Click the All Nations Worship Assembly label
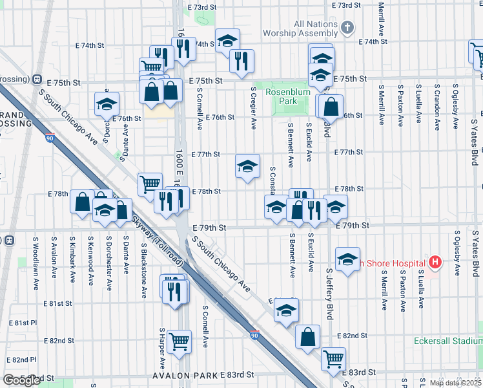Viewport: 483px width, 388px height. pyautogui.click(x=315, y=28)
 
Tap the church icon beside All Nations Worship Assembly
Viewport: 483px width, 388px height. pyautogui.click(x=347, y=27)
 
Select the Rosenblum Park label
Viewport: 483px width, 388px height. pyautogui.click(x=289, y=97)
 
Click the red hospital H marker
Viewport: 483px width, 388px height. pyautogui.click(x=435, y=263)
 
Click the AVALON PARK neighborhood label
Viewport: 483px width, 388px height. pyautogui.click(x=184, y=375)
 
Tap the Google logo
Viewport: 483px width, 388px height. pyautogui.click(x=21, y=380)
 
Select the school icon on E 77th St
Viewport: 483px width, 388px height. pyautogui.click(x=247, y=167)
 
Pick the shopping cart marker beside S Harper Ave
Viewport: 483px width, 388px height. pyautogui.click(x=179, y=340)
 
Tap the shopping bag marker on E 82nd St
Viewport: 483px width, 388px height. pyautogui.click(x=308, y=336)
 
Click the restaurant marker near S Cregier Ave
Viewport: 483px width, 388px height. pyautogui.click(x=241, y=61)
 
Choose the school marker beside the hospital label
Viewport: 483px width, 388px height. pyautogui.click(x=347, y=259)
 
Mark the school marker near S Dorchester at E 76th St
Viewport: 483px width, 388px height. pyautogui.click(x=107, y=103)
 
